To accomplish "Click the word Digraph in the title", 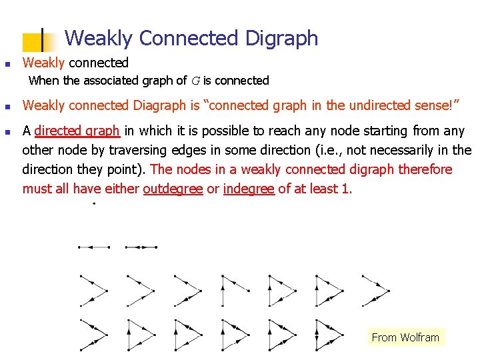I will pyautogui.click(x=282, y=38).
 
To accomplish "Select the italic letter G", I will pyautogui.click(x=195, y=81).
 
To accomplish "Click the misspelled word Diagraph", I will pyautogui.click(x=158, y=105).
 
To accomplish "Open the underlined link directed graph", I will pyautogui.click(x=77, y=131).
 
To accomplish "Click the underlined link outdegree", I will pyautogui.click(x=173, y=189).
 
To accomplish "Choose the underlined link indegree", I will pyautogui.click(x=249, y=189).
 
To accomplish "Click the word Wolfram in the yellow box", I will pyautogui.click(x=419, y=337).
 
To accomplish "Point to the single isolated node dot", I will pyautogui.click(x=93, y=203).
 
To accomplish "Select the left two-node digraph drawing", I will pyautogui.click(x=94, y=247).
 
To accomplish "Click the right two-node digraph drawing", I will pyautogui.click(x=141, y=247).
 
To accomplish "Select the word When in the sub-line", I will pyautogui.click(x=44, y=81).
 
